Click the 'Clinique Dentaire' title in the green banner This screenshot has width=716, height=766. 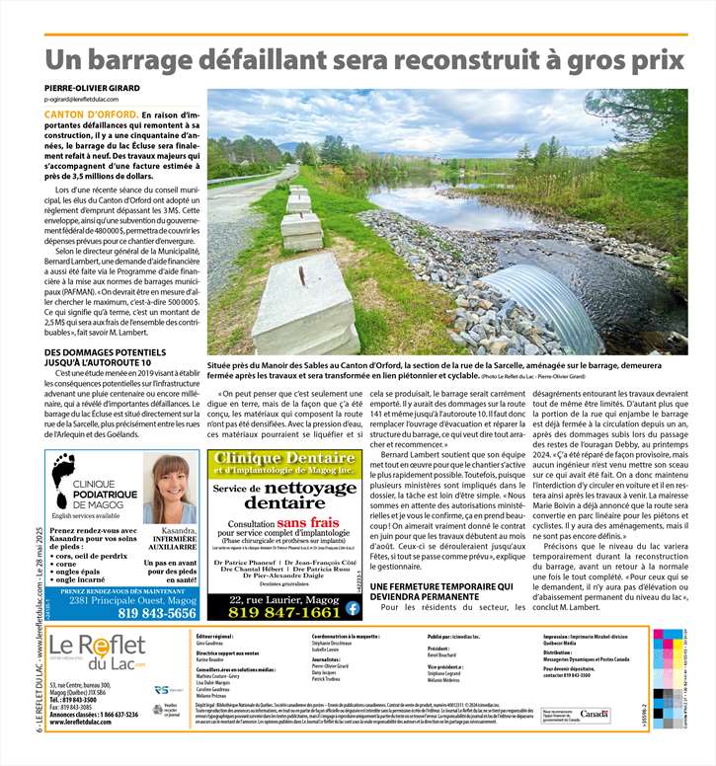pos(282,459)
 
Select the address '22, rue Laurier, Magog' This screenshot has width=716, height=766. pos(282,597)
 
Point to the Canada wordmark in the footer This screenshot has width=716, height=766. pos(595,713)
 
